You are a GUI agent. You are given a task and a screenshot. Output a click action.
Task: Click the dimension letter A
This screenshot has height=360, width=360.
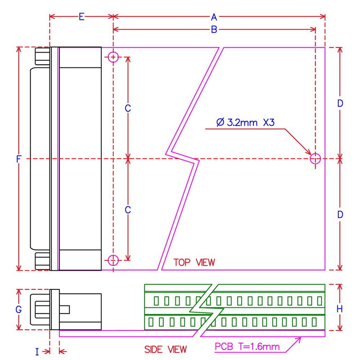[x=214, y=17]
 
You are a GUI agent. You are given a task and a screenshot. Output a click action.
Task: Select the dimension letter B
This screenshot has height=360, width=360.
[x=214, y=30]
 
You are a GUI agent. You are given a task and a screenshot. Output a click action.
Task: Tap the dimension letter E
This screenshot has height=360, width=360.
[x=81, y=17]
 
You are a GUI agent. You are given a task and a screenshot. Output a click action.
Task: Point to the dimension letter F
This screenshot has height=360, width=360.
[x=18, y=159]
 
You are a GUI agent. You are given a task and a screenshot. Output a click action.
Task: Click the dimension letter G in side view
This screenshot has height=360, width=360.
[x=18, y=310]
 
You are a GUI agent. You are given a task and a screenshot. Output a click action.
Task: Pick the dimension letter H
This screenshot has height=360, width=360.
[x=340, y=309]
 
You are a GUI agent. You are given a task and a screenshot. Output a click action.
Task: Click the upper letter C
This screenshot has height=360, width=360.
[x=128, y=108]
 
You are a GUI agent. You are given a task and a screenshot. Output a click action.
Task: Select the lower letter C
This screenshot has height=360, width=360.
[x=128, y=210]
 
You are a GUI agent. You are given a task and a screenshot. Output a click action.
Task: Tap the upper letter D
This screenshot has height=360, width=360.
[x=340, y=103]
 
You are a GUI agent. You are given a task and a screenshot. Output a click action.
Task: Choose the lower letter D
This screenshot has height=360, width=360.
[x=340, y=215]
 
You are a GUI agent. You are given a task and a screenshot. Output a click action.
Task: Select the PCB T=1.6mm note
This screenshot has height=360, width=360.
[x=247, y=346]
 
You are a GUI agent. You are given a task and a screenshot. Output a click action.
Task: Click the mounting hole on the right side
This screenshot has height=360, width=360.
[x=315, y=158]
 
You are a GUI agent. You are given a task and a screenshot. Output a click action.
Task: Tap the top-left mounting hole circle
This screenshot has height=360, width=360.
[x=113, y=57]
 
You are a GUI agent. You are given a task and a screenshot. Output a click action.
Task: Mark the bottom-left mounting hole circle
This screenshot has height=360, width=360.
[x=113, y=260]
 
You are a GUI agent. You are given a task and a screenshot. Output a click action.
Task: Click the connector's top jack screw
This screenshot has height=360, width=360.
[x=43, y=57]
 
